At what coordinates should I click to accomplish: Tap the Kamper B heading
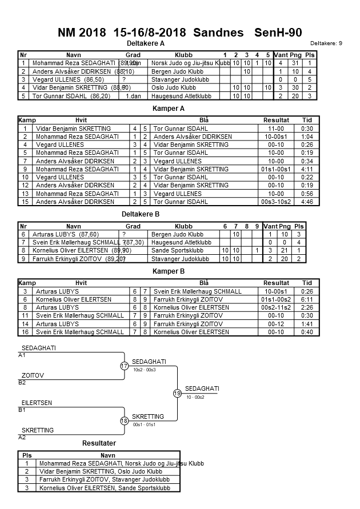point(169,271)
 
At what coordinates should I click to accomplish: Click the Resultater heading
point(99,443)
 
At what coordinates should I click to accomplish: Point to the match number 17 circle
point(124,366)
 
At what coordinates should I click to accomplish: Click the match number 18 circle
point(124,421)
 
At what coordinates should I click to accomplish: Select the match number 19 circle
point(177,394)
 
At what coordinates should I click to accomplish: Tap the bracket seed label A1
point(22,355)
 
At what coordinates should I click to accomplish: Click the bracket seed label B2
point(22,382)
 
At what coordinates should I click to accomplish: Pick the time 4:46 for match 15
point(307,202)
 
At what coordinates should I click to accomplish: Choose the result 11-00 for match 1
point(276,129)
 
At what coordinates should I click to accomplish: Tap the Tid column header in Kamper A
point(307,121)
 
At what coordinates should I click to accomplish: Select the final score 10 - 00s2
point(196,397)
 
